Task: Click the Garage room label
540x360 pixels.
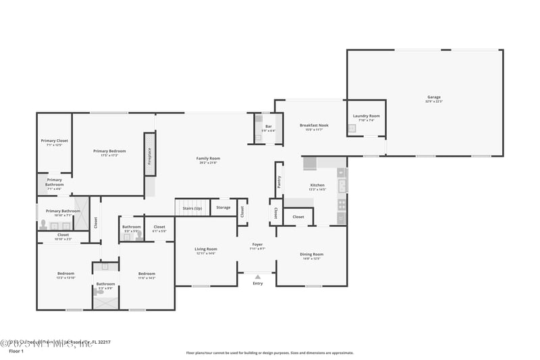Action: coord(433,97)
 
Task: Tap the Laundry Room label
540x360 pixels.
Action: coord(366,116)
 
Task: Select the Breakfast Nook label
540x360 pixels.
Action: coord(314,125)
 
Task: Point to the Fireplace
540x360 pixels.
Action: coord(149,154)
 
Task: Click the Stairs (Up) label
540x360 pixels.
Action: coord(192,208)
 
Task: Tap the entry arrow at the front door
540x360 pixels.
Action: coord(257,277)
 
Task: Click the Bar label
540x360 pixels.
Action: coord(268,126)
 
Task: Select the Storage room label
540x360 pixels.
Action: coord(223,207)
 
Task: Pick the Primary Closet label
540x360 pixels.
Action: coord(54,140)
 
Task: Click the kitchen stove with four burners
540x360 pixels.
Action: coord(342,203)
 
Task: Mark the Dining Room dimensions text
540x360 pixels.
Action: coord(311,258)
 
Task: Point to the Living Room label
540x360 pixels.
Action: coord(206,249)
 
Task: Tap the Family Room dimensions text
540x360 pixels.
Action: coord(209,162)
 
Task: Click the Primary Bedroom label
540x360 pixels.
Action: coord(109,151)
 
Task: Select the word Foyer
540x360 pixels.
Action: coord(257,244)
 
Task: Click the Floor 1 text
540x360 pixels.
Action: coord(16,351)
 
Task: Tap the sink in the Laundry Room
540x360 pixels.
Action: coord(352,128)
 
